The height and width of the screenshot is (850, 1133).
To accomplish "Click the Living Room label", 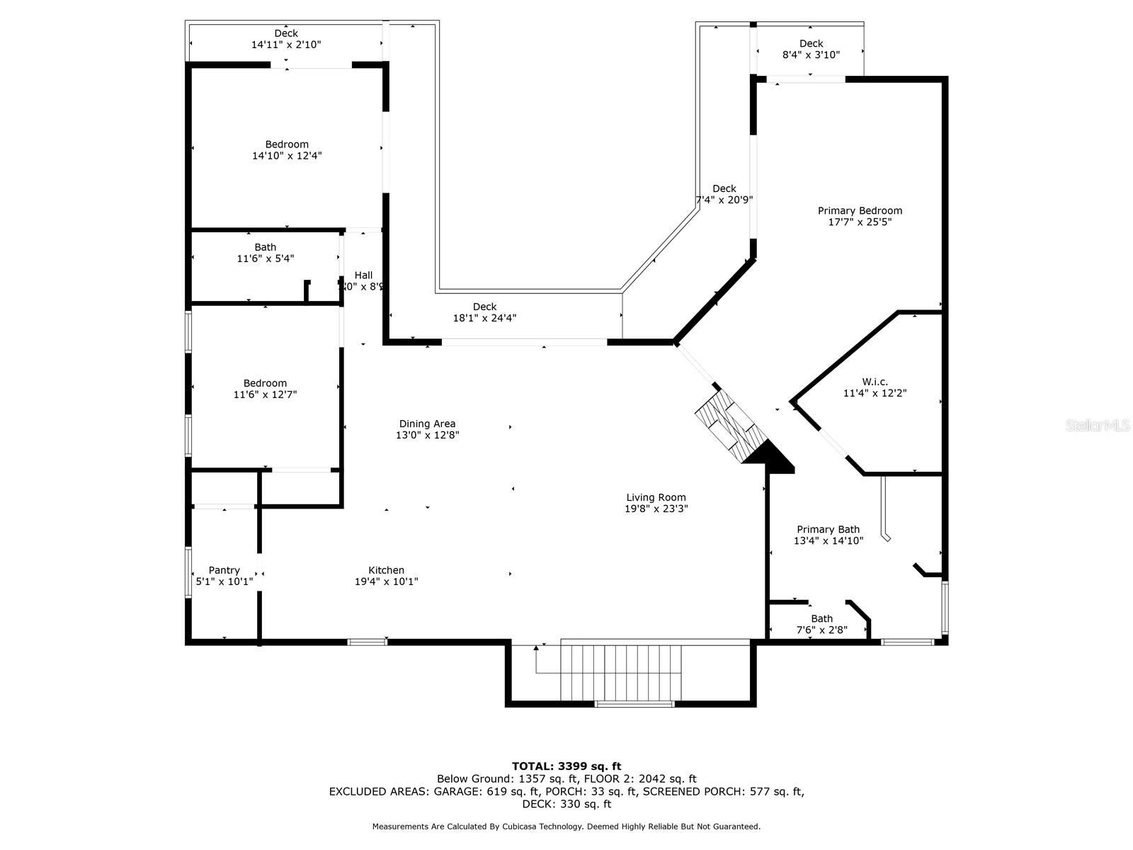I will click(656, 497).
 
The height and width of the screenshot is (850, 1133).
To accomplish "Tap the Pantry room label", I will click(224, 570).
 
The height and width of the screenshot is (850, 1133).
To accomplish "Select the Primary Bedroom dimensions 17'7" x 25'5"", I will click(860, 222).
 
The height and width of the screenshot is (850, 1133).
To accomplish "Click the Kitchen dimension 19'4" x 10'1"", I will click(386, 582).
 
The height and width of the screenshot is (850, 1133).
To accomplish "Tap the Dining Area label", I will click(427, 424).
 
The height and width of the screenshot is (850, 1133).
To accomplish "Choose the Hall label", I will click(363, 276).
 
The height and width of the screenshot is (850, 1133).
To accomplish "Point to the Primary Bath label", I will click(828, 529).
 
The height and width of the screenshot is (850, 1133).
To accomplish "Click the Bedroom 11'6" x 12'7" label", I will click(265, 389).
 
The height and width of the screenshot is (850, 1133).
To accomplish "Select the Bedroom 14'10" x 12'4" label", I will click(287, 149).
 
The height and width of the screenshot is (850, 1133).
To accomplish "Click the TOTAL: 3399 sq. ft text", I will click(566, 766).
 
